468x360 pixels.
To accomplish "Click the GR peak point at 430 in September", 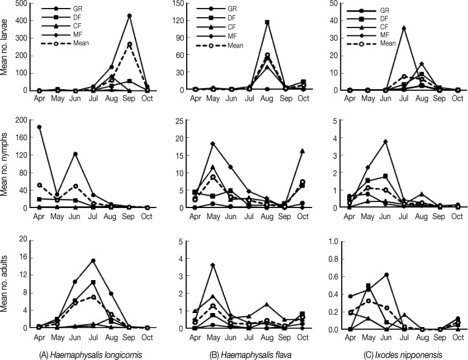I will pos(129,15).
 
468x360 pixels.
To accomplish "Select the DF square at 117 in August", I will pos(267,22).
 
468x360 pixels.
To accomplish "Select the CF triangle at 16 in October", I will pos(303,150).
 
